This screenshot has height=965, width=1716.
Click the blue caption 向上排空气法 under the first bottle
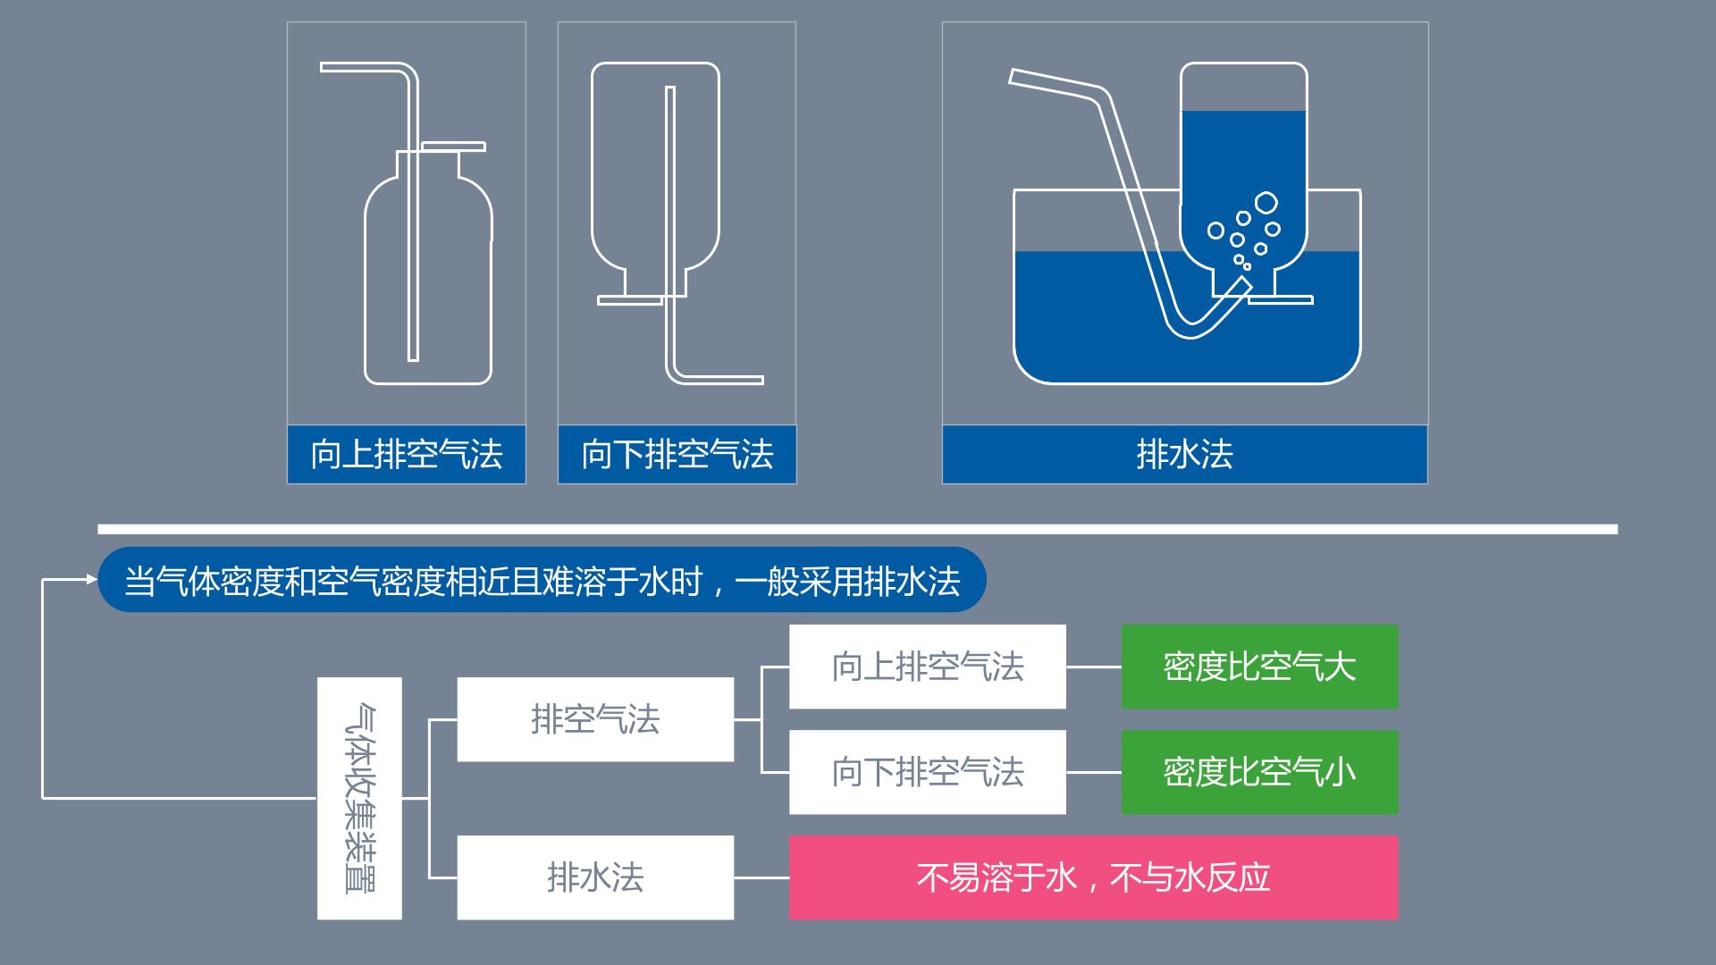pyautogui.click(x=407, y=454)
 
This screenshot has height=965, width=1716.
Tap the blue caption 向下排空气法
pyautogui.click(x=677, y=454)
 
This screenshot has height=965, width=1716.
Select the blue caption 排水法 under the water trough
pyautogui.click(x=1184, y=454)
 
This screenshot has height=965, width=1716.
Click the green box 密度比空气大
pyautogui.click(x=1259, y=667)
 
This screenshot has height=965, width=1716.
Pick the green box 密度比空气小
pyautogui.click(x=1259, y=772)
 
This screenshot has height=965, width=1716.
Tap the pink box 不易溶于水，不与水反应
pyautogui.click(x=1093, y=877)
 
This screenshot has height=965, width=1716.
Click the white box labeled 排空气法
pyautogui.click(x=595, y=719)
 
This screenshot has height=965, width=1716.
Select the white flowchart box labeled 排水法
pyautogui.click(x=595, y=877)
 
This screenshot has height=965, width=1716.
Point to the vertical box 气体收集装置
pyautogui.click(x=359, y=798)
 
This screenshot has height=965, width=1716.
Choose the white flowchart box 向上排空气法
pyautogui.click(x=928, y=667)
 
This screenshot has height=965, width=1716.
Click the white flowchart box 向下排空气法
pyautogui.click(x=928, y=772)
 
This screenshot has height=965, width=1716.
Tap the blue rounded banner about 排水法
pyautogui.click(x=542, y=580)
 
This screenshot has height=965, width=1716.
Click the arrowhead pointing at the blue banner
pyautogui.click(x=92, y=579)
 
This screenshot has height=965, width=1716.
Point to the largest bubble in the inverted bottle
pyautogui.click(x=1266, y=203)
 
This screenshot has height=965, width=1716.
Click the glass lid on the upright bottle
pyautogui.click(x=454, y=147)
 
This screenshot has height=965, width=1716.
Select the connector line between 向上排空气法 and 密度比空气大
pyautogui.click(x=1094, y=667)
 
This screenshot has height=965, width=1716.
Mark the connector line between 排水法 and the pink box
pyautogui.click(x=761, y=877)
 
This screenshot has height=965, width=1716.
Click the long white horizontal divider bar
pyautogui.click(x=858, y=529)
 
